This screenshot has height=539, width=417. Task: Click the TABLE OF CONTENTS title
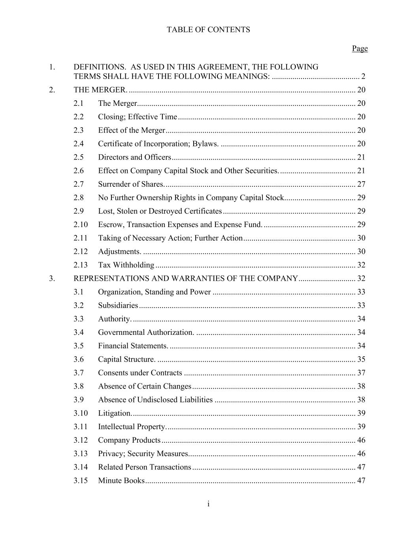[x=208, y=30]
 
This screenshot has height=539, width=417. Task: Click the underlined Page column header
[x=360, y=49]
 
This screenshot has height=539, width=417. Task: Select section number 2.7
[x=79, y=184]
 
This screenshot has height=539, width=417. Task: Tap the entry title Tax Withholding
[x=126, y=265]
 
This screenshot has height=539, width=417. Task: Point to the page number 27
[x=361, y=184]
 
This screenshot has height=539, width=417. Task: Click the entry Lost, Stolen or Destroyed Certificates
[x=160, y=211]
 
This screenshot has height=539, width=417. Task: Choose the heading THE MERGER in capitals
[x=100, y=90]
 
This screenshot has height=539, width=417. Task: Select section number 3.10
[x=81, y=413]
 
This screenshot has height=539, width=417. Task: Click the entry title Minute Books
[x=121, y=481]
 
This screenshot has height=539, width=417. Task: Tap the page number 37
[x=361, y=373]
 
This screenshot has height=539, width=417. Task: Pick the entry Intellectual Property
[x=132, y=426]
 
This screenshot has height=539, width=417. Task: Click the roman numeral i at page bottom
[x=208, y=504]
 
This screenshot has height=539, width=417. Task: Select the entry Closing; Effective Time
[x=138, y=117]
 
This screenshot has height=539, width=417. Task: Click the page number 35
[x=361, y=359]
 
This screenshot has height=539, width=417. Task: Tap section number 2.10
[x=81, y=225]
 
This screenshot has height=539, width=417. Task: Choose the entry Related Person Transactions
[x=145, y=467]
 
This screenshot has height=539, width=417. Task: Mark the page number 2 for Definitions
[x=363, y=77]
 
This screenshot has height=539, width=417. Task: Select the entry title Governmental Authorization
[x=146, y=332]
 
